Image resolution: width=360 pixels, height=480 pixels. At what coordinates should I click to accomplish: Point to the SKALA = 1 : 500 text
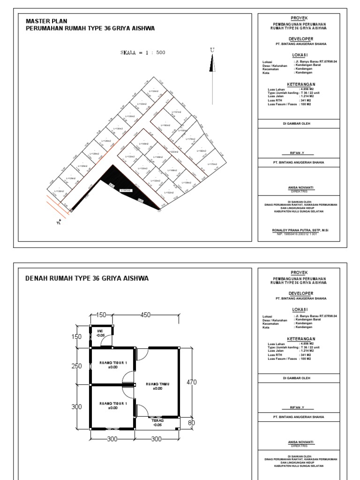pyautogui.click(x=143, y=53)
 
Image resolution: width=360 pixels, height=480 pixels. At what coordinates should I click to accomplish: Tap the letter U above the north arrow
pyautogui.click(x=212, y=50)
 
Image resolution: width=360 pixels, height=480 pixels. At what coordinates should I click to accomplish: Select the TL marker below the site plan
pyautogui.click(x=59, y=223)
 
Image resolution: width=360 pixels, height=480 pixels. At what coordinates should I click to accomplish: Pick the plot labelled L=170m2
pyautogui.click(x=213, y=164)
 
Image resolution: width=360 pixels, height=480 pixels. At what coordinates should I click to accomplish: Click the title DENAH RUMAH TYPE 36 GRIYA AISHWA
pyautogui.click(x=87, y=278)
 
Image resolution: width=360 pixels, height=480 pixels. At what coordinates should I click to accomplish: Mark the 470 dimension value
pyautogui.click(x=192, y=382)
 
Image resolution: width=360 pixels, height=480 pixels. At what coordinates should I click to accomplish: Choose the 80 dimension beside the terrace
pyautogui.click(x=192, y=423)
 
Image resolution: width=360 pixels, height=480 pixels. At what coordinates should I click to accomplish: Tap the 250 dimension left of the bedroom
pyautogui.click(x=77, y=367)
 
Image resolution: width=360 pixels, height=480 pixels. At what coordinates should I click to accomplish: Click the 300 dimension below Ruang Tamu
pyautogui.click(x=157, y=439)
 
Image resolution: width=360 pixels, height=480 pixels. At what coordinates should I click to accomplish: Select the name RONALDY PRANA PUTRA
pyautogui.click(x=294, y=230)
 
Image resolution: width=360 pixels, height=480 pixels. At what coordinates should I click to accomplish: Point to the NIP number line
pyautogui.click(x=294, y=234)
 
